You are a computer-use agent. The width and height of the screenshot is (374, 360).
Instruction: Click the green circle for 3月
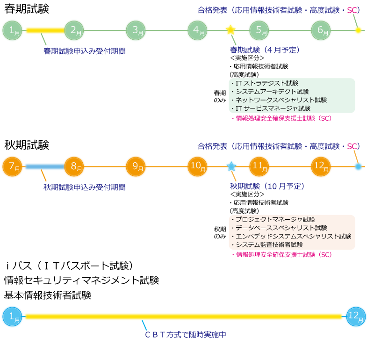(136, 30)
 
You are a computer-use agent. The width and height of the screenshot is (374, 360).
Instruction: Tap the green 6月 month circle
(321, 30)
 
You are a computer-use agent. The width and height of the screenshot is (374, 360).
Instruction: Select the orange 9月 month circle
(136, 166)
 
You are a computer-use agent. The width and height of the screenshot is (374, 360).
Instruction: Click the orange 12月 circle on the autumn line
(321, 166)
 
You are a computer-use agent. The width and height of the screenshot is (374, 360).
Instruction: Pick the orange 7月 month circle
(13, 166)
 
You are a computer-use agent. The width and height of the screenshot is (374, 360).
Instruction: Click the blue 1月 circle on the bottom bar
(13, 317)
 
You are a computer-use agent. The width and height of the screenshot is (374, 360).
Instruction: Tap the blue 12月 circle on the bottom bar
(356, 317)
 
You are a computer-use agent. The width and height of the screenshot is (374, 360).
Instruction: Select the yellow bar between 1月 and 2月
(44, 30)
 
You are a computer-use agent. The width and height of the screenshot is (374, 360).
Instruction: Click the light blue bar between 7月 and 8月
(44, 166)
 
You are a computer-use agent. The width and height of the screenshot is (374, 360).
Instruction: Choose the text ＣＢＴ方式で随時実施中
(186, 335)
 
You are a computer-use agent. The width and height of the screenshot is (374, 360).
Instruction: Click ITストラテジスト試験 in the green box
(267, 83)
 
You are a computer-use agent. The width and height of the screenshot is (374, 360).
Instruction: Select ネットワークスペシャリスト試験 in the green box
(281, 100)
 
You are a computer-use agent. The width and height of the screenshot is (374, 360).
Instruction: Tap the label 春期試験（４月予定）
(265, 50)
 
